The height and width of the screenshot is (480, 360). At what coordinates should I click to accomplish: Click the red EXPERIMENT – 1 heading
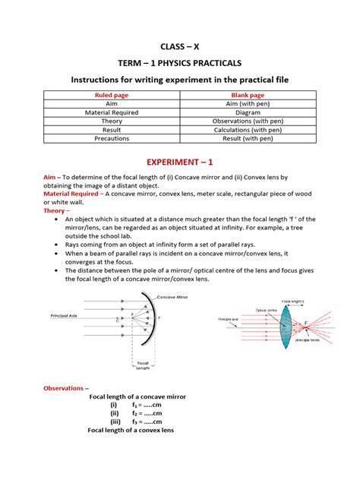pyautogui.click(x=179, y=163)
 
